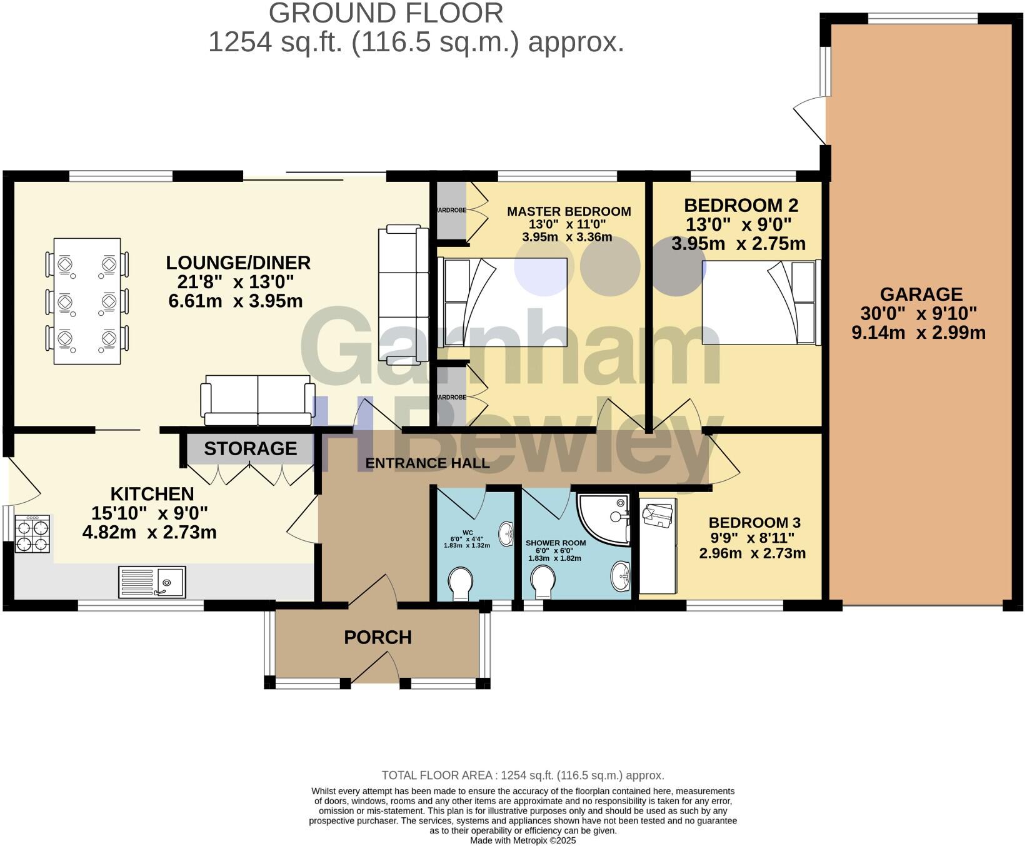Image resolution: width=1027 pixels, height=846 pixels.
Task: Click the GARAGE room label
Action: [x=921, y=294]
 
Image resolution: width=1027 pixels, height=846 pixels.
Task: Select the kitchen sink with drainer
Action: [x=152, y=582]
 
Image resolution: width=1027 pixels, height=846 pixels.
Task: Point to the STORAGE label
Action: [x=250, y=449]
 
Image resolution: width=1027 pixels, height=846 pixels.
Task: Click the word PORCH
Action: [x=378, y=638]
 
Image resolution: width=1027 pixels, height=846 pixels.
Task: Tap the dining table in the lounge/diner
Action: [x=87, y=301]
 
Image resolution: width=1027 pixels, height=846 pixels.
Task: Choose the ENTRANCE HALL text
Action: [x=428, y=463]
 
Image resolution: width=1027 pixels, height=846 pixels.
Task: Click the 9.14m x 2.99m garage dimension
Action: [x=918, y=333]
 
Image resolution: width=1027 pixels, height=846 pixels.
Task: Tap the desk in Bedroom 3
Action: [x=657, y=547]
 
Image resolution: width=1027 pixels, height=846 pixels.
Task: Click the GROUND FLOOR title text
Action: [x=386, y=14]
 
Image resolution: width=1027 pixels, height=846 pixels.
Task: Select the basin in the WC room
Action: [x=507, y=533]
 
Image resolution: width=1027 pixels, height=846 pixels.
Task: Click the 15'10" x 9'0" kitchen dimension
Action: [x=149, y=513]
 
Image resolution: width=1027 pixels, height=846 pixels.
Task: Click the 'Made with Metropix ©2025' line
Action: [x=523, y=841]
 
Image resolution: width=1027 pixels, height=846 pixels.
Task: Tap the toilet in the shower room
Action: [x=543, y=578]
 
